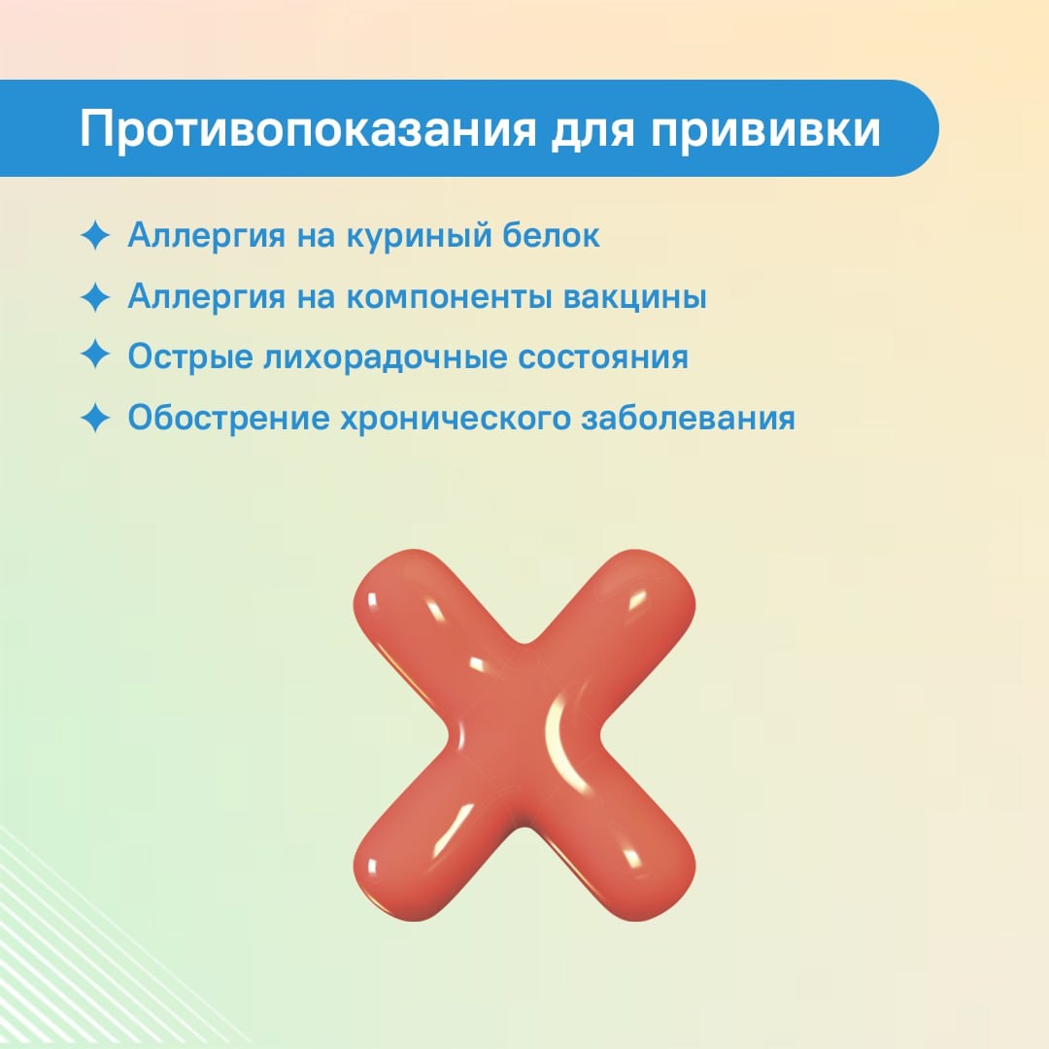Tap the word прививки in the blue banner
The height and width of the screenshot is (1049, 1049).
[766, 130]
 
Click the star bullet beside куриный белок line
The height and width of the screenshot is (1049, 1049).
[95, 235]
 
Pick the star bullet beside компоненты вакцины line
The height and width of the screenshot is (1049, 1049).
[95, 296]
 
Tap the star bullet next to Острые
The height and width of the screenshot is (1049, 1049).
[95, 355]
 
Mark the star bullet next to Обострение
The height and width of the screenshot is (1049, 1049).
[95, 418]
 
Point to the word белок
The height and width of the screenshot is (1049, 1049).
[552, 234]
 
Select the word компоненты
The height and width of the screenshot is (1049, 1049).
[449, 298]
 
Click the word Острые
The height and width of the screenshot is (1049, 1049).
[189, 357]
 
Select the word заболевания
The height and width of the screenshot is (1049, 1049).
[689, 419]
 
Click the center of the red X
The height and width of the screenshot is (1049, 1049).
[524, 734]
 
